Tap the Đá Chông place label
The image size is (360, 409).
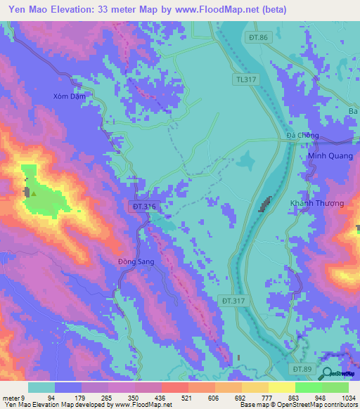[x=302, y=136]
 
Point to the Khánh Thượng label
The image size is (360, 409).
[x=317, y=203]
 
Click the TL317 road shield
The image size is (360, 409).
[x=247, y=80]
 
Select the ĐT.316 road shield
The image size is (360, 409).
[x=143, y=207]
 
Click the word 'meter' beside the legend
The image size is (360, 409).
[x=12, y=397]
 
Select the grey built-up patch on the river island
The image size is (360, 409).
[x=265, y=205]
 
